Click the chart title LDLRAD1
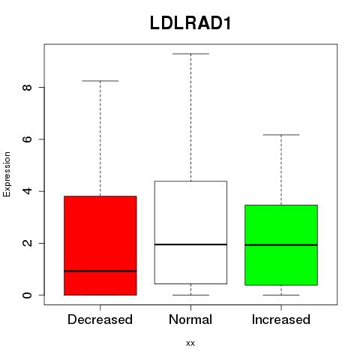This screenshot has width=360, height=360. coord(190,23)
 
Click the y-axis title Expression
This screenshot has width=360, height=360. coord(7,174)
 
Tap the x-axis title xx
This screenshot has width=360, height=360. coord(190,343)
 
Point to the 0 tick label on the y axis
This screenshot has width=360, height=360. coord(27,295)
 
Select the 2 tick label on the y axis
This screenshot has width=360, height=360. coord(27,243)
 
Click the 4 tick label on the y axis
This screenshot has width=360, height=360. coord(27,191)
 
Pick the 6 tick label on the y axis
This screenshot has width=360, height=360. coord(27,139)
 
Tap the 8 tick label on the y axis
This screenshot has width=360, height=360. coord(27,87)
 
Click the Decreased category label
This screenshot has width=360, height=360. coord(100,319)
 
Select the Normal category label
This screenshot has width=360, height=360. coord(190,319)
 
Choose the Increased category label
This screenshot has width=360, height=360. coord(281,319)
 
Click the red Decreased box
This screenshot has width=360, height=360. coord(100,245)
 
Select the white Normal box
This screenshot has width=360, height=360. coord(190,232)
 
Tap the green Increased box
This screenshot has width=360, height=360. coord(281,245)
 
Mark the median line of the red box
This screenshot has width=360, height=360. coord(100,271)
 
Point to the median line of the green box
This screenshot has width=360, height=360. coord(281,245)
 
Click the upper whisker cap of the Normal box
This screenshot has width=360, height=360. coord(190,54)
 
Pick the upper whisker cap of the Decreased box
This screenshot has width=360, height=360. coord(100,81)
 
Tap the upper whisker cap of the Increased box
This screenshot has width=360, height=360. coord(281,135)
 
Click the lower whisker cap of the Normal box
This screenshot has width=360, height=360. coord(190,295)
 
